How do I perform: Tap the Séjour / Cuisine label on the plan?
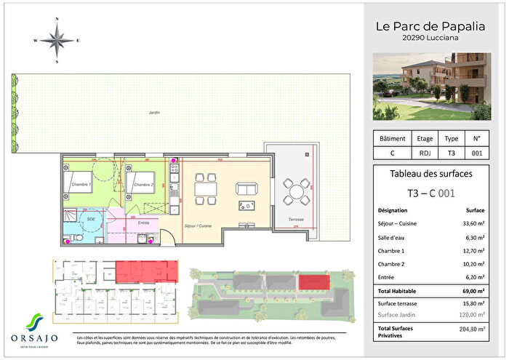pos(198,226)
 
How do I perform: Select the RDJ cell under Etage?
pos(424,153)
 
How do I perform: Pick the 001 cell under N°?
pos(477,153)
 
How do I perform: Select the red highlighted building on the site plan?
pos(313,281)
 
